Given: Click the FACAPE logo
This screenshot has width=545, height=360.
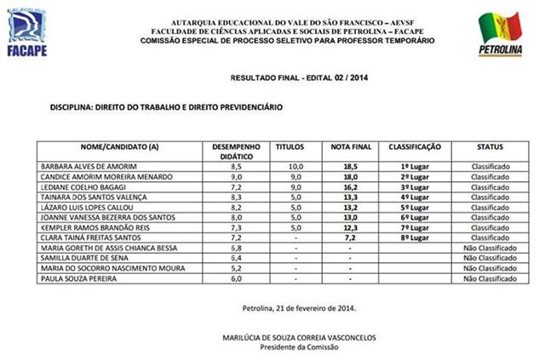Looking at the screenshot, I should pos(26,34).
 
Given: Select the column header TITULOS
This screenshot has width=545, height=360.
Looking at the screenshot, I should pos(290,146).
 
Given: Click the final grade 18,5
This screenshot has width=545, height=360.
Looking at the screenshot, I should pos(349,167).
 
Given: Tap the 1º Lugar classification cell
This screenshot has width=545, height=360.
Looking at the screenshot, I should pos(414,167).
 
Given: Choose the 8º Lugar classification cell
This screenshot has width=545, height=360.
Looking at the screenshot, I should pos(414,237).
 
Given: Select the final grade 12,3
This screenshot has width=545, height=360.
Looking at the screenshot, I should pos(349,227).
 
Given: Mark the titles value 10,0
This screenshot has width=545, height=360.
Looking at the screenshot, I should pos(295,167).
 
